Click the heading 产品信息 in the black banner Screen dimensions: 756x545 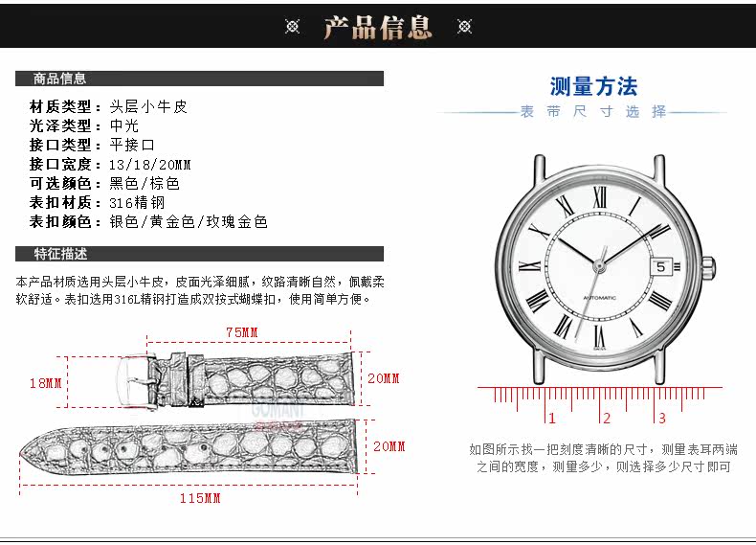377,27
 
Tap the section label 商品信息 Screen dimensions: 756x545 59,79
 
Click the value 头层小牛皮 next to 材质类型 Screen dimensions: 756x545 148,106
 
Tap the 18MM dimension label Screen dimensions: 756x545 45,383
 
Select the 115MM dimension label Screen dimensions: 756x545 200,498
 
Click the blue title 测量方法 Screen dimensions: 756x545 593,87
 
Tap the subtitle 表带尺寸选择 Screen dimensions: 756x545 592,112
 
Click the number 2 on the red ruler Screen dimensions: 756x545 606,418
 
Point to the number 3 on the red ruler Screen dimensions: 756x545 661,418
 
